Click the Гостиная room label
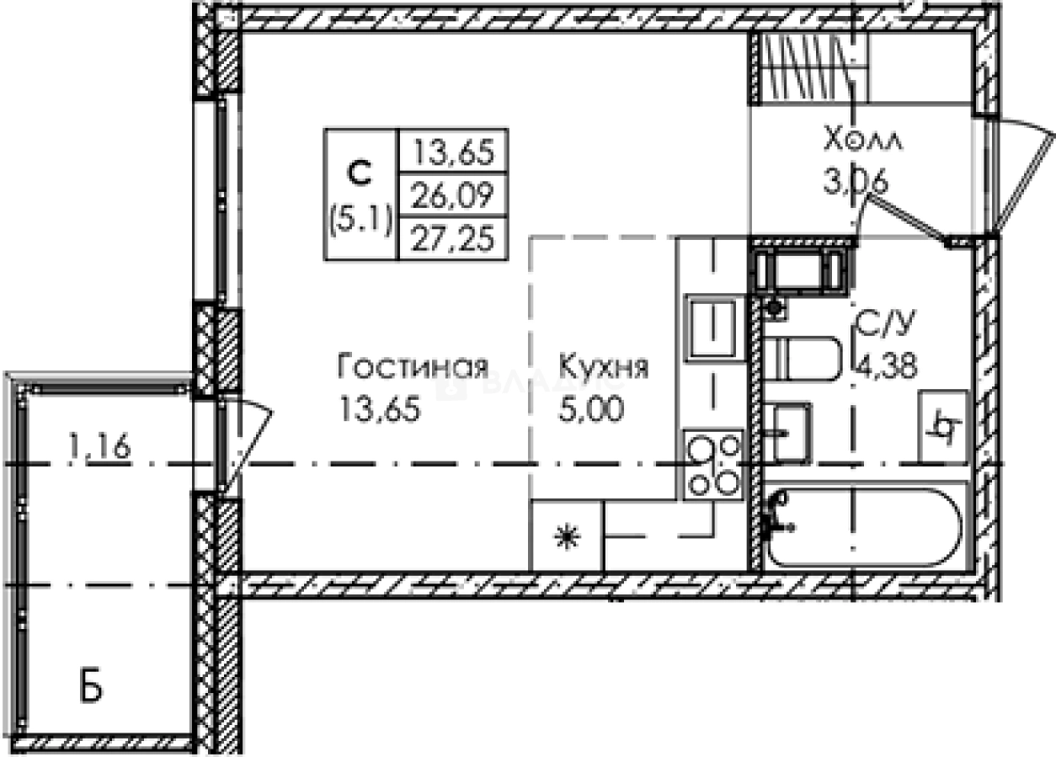pos(413,367)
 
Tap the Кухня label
pos(603,367)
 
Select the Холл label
pos(863,138)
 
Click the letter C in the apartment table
pos(360,174)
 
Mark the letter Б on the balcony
pos(92,688)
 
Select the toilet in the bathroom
pos(804,359)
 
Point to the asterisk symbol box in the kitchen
pos(567,536)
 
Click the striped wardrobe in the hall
pos(809,67)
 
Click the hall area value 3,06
pos(855,179)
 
